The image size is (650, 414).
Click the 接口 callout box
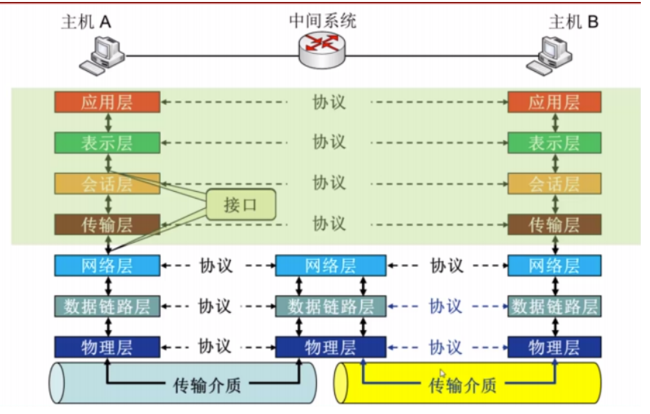coord(240,205)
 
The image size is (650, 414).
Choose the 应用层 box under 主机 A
coord(107,103)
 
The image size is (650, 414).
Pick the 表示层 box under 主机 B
coord(554,143)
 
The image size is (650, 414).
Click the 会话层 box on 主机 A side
coord(107,184)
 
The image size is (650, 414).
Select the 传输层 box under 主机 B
coord(554,224)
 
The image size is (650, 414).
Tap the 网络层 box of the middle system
coord(330,266)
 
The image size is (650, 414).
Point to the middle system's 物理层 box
coord(330,346)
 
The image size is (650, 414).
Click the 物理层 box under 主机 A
coord(107,346)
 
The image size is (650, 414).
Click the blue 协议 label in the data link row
coord(446,306)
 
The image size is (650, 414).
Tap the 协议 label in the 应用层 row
coord(328,103)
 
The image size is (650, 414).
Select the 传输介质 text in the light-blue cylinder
coord(206,384)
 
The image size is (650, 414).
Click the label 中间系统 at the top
coord(322,21)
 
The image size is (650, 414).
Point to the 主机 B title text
coord(573,21)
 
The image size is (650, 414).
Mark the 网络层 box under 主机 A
coord(107,266)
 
